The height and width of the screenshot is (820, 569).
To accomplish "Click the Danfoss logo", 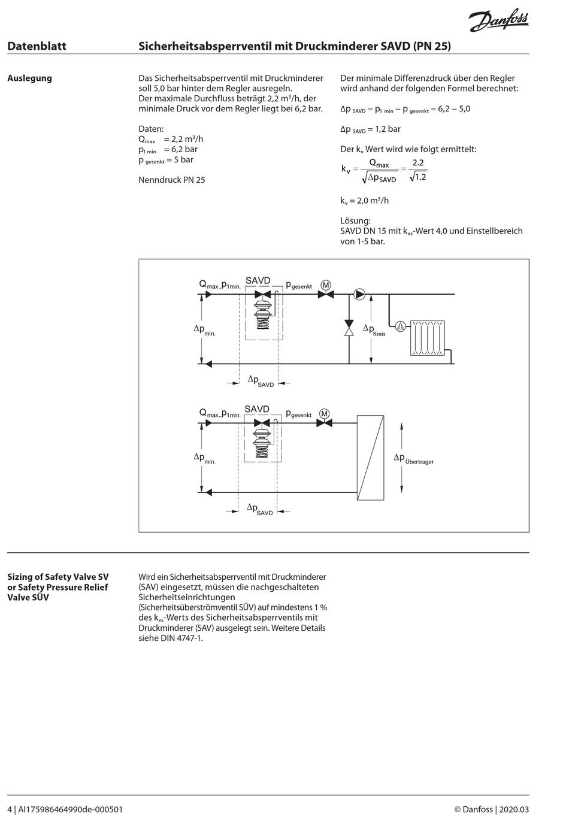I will (498, 22).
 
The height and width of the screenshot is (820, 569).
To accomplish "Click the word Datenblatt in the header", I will (37, 46).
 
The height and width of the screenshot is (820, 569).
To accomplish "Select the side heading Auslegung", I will (29, 78).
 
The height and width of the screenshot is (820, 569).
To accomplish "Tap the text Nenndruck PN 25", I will (172, 180).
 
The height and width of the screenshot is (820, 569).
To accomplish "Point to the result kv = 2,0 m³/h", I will (364, 201).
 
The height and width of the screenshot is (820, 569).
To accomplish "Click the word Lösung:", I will (355, 220).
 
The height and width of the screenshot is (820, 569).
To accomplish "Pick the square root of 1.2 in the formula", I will (418, 177).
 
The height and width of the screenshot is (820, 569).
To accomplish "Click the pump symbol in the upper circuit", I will (359, 294).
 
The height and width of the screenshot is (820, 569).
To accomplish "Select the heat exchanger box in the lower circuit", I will (370, 458).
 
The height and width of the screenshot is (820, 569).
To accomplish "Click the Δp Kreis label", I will (374, 329).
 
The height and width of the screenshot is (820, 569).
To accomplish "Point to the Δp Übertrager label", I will (413, 458).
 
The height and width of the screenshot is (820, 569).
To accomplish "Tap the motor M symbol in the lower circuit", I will (324, 413).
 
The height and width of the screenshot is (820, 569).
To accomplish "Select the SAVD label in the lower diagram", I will (257, 409).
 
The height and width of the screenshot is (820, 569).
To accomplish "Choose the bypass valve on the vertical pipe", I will (349, 328).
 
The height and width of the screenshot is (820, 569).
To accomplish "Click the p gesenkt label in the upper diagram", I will (298, 285).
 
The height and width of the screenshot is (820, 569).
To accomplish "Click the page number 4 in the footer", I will (10, 809).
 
